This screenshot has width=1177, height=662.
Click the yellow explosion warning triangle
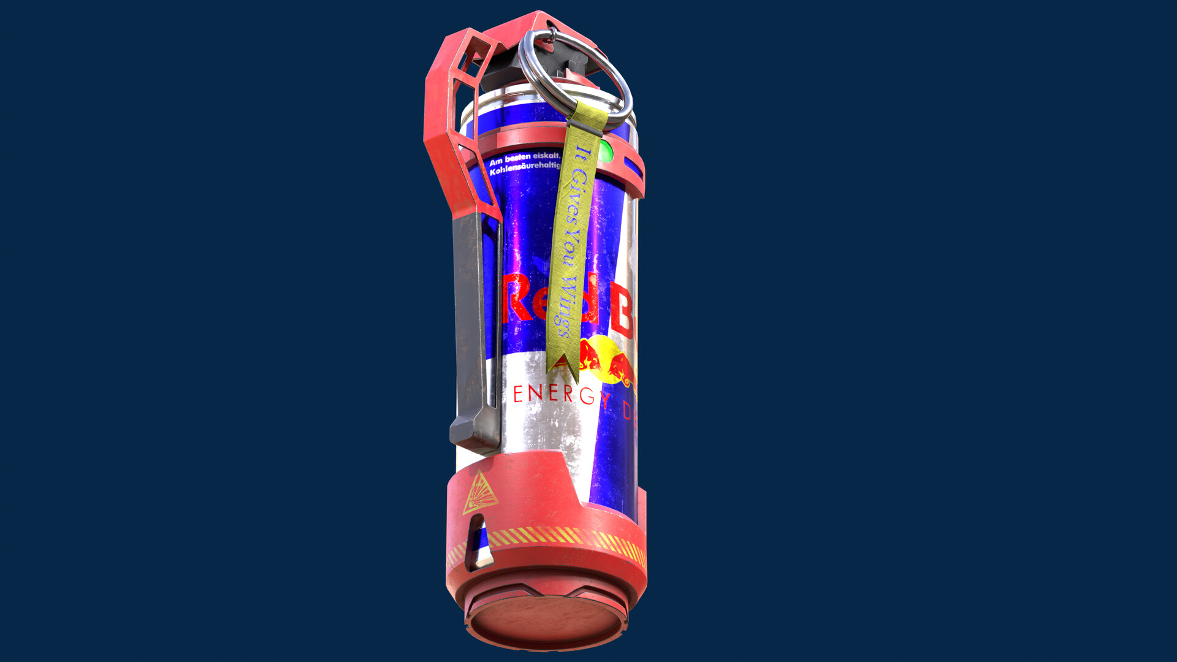tap(479, 493)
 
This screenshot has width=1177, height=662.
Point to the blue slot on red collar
tap(633, 167)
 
